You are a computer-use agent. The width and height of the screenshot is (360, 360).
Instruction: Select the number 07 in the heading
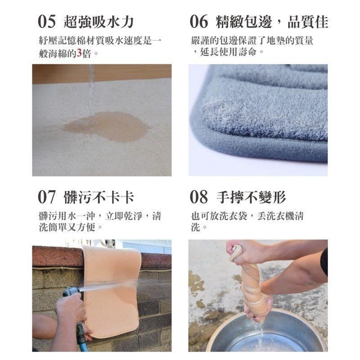click(47, 197)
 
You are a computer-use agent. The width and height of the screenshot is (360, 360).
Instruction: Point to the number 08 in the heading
click(199, 197)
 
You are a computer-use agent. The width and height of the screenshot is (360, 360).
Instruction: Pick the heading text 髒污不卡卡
click(99, 197)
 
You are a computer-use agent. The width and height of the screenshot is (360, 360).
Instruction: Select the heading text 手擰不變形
click(251, 197)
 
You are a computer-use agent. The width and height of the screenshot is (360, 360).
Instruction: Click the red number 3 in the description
click(79, 53)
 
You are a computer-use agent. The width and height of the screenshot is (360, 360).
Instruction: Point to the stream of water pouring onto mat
click(91, 88)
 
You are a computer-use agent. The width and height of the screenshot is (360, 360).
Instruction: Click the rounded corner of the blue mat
click(200, 126)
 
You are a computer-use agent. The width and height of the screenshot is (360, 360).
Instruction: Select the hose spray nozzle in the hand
click(70, 292)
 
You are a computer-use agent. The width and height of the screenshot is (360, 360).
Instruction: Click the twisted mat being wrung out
click(252, 283)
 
